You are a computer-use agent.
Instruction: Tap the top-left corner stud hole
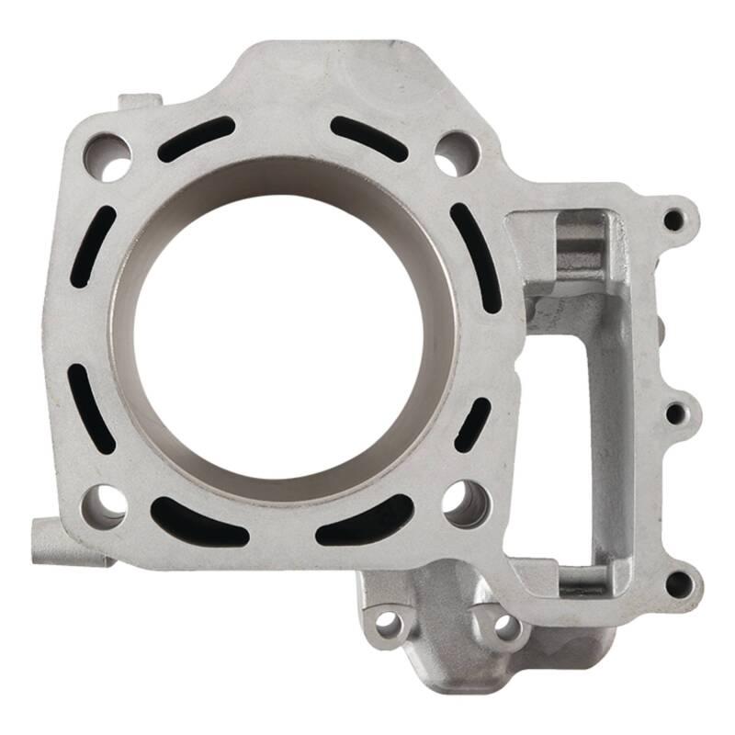107,157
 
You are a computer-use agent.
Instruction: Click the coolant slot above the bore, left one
196,140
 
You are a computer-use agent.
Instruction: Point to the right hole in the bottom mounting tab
504,626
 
